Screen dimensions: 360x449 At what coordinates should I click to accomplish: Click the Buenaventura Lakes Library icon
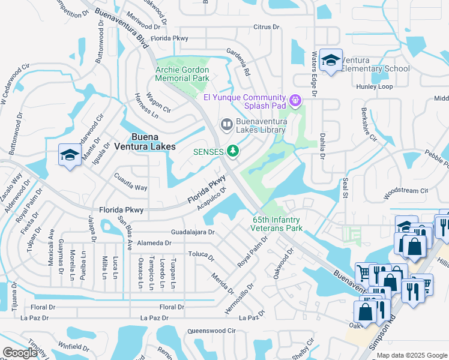pos(226,124)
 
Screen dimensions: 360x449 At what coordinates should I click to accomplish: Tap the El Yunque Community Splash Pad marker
pos(295,100)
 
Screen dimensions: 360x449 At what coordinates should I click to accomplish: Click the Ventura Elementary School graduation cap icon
pos(330,60)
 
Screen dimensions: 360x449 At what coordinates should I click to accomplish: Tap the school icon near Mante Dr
pos(70,155)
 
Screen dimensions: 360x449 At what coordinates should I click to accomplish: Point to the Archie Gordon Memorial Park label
pos(182,74)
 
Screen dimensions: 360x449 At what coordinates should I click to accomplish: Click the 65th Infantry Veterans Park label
pos(277,224)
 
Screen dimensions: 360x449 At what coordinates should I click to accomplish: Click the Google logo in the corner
pos(20,353)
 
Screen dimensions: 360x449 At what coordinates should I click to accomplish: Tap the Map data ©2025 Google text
pos(412,355)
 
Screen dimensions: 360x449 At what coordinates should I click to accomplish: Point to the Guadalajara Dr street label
pos(193,231)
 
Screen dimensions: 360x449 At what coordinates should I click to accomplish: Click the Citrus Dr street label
pos(267,27)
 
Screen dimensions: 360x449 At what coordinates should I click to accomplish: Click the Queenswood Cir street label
pos(212,331)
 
